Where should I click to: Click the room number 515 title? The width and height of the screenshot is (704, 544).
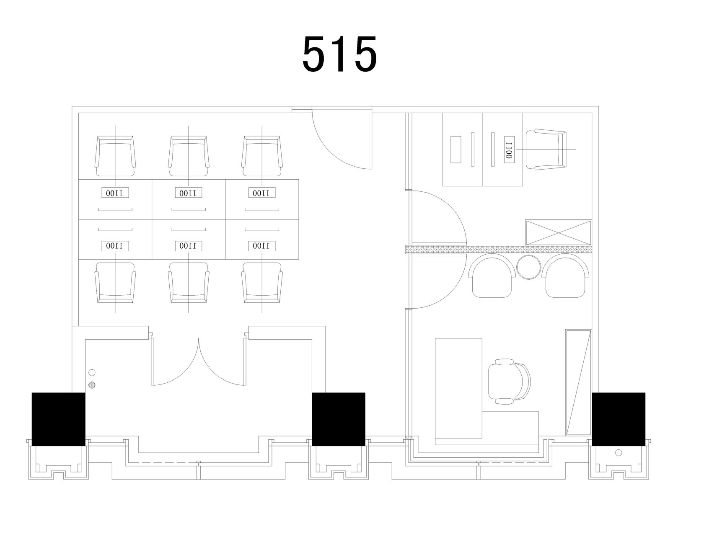[340, 54]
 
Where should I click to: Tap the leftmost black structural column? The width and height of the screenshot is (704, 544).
[59, 419]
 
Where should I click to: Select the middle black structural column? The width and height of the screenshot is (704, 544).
[339, 419]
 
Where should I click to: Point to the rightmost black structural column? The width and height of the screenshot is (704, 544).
[619, 419]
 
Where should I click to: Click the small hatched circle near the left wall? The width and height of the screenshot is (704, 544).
[92, 385]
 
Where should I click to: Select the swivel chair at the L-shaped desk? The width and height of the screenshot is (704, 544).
[510, 382]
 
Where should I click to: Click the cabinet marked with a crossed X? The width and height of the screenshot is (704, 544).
[559, 232]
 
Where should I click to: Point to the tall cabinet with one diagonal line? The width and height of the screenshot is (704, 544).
[578, 383]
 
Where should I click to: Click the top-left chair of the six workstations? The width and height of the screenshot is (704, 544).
[115, 156]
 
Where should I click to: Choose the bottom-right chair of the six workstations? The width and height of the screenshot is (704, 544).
[262, 283]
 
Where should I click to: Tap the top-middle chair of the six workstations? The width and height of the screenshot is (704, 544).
[189, 156]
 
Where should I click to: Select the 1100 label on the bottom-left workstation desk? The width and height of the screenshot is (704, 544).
[115, 245]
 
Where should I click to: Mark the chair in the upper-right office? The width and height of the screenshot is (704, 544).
[546, 150]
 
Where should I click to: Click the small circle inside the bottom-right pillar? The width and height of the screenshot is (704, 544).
[619, 453]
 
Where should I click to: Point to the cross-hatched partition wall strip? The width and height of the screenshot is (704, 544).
[498, 250]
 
